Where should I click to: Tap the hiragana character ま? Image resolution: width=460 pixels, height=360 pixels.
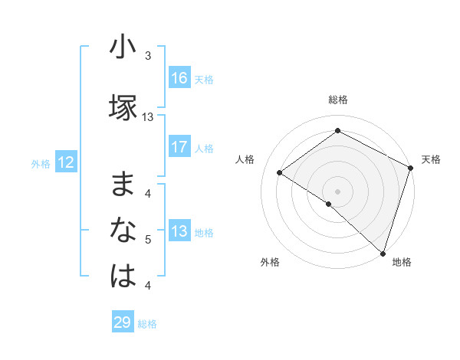click(x=123, y=185)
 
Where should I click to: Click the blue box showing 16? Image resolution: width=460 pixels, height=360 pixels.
click(x=179, y=78)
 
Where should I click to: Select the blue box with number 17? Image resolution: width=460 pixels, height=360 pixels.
click(x=179, y=147)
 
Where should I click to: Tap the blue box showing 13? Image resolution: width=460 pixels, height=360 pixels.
click(x=179, y=232)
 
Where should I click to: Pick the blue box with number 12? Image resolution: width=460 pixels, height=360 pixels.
click(x=65, y=162)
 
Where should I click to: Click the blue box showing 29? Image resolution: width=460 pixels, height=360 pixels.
click(x=122, y=322)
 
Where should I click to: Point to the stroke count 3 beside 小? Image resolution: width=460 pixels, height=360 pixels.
click(x=148, y=56)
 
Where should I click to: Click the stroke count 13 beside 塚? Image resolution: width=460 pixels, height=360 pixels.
click(x=148, y=117)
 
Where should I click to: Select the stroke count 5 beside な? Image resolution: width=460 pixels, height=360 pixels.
click(x=148, y=241)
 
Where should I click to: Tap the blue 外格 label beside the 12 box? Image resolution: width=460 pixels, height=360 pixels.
click(x=40, y=163)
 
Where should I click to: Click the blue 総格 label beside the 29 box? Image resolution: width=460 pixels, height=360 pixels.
click(x=147, y=324)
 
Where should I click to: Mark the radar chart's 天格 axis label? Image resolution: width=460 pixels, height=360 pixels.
click(x=431, y=159)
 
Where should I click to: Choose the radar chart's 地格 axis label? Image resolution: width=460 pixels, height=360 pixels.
click(x=402, y=262)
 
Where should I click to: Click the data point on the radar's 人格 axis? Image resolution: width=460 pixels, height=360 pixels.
click(x=280, y=172)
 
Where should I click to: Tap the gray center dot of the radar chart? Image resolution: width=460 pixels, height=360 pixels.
click(x=337, y=191)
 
